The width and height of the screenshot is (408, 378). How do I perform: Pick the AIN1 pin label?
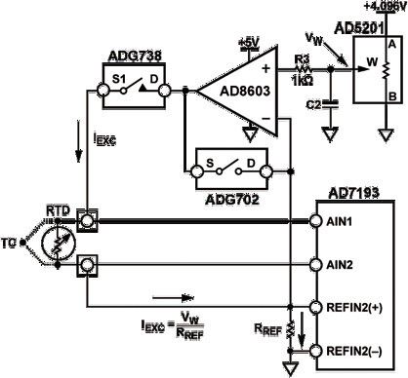pyautogui.click(x=341, y=223)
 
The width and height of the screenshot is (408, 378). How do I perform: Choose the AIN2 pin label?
pyautogui.click(x=341, y=264)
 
